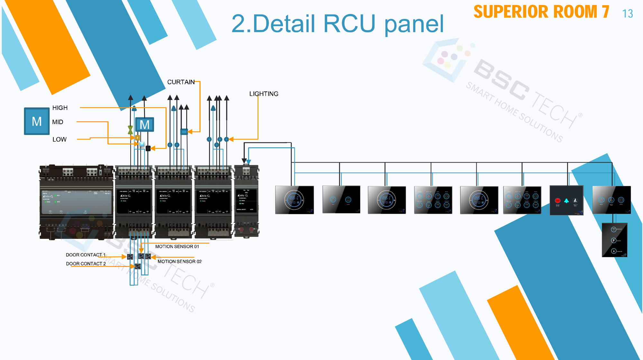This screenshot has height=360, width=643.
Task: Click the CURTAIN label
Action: point(181,82)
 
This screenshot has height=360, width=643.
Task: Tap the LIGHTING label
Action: point(264,94)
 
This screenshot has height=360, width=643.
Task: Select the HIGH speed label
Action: point(60,108)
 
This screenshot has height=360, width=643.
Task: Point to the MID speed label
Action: point(58,122)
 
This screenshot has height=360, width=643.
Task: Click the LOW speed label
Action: point(59,139)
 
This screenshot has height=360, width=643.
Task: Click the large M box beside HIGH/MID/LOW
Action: point(37,121)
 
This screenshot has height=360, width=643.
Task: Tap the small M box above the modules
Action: point(144,124)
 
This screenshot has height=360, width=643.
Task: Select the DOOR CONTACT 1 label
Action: point(86,255)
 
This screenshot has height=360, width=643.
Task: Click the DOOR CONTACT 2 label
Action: point(86,264)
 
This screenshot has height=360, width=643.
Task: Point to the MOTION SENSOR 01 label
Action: point(177,247)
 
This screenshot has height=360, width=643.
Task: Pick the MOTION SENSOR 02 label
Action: point(179,262)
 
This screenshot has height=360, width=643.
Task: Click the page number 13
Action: point(627,14)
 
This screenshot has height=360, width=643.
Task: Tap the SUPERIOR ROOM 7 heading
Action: point(541,12)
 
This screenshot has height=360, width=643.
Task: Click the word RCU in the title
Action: point(349,24)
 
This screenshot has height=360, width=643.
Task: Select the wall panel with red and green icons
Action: point(566,200)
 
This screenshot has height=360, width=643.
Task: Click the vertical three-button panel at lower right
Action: point(614,240)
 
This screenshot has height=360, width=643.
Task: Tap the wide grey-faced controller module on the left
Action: point(77,203)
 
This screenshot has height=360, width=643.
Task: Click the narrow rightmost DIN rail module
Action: point(246,201)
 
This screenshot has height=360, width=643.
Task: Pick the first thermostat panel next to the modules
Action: point(294,200)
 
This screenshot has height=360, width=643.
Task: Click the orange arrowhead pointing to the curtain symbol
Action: point(190,131)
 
